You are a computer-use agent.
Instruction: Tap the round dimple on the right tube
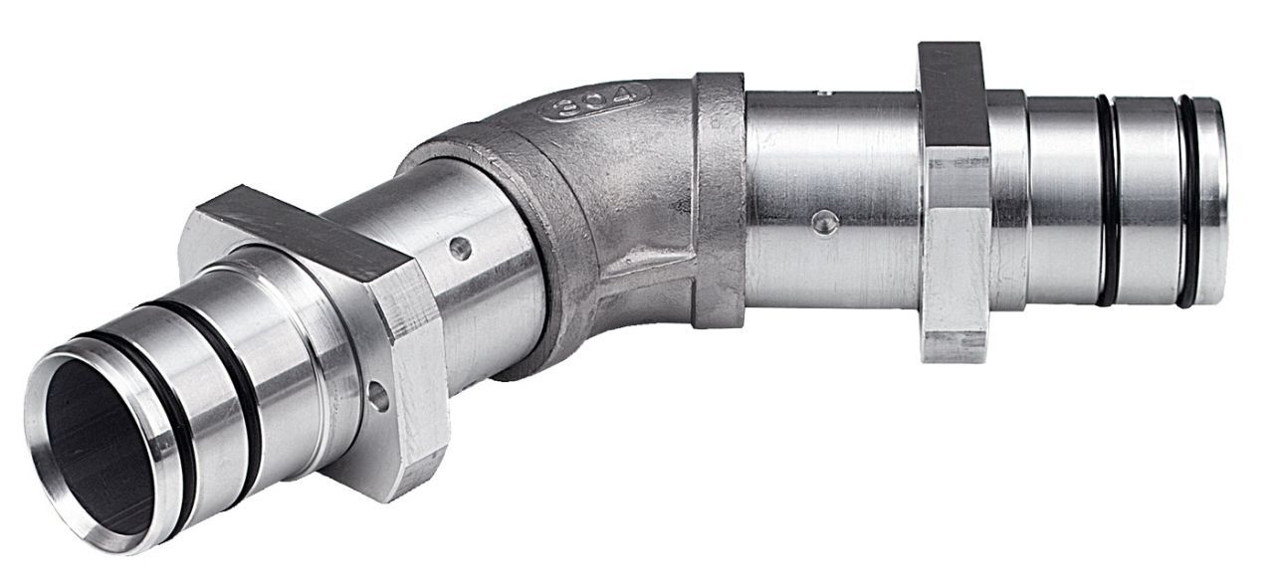(x=821, y=222)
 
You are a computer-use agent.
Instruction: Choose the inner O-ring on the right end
(x=1107, y=199)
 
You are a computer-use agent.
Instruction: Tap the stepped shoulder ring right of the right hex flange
(x=1006, y=199)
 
